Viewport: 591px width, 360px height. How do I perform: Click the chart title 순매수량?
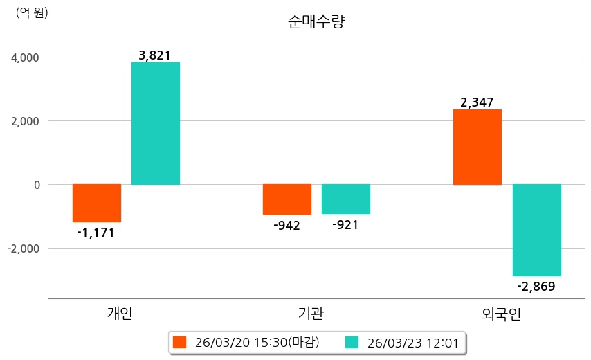(x=316, y=21)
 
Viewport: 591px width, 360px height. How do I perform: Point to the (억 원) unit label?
(x=32, y=12)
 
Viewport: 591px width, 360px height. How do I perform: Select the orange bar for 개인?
(x=97, y=203)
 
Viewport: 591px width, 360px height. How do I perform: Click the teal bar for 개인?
(x=156, y=123)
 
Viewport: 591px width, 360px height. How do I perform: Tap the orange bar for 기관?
(x=287, y=199)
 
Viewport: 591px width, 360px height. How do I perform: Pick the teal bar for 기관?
(x=346, y=199)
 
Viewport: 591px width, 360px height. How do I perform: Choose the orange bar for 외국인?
(x=478, y=147)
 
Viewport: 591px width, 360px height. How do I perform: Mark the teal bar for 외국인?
(x=537, y=230)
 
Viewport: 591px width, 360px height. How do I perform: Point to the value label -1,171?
(x=96, y=233)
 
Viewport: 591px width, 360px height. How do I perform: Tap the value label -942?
(x=287, y=225)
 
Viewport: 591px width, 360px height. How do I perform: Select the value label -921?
(x=345, y=224)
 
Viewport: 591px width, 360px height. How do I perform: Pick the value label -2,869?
(x=536, y=286)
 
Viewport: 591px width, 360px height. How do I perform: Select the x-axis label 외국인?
(x=502, y=314)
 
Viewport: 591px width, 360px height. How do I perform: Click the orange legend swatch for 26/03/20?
(x=180, y=342)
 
